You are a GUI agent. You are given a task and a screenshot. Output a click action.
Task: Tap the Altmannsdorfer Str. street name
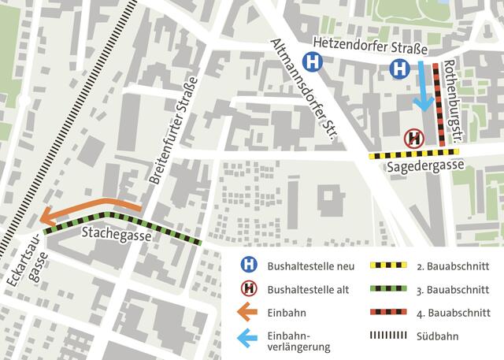303,91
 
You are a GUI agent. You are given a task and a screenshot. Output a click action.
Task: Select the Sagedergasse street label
425,167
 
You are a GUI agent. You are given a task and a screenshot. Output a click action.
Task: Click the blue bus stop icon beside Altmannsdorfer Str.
313,61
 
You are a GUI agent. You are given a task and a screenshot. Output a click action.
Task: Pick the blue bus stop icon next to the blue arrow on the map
400,69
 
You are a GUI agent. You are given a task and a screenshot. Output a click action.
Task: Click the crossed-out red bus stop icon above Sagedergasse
414,139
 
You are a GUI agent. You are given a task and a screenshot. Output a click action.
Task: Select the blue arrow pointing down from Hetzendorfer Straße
424,87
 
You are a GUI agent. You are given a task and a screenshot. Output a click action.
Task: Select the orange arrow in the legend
248,313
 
